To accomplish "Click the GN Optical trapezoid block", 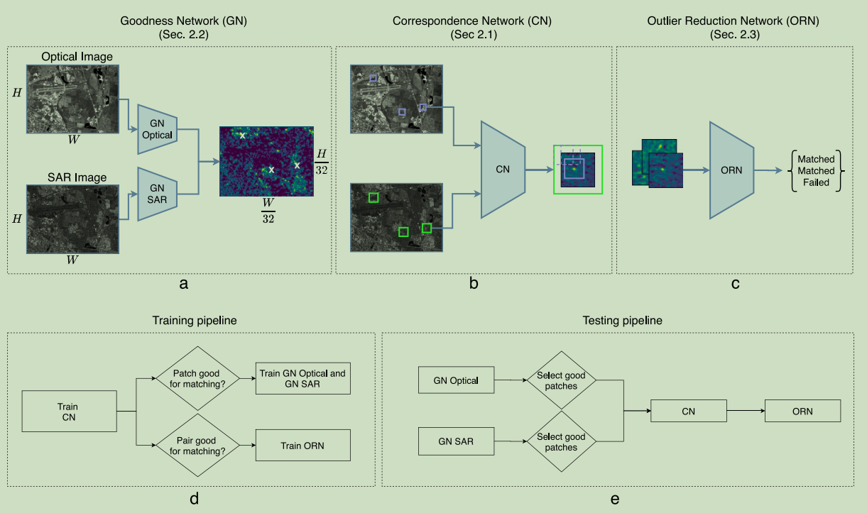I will coord(158,128).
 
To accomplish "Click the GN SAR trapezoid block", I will coord(158,194).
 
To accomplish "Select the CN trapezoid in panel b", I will coord(503,170).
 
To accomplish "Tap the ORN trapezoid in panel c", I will coord(731,170).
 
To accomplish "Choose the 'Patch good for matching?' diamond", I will coord(197,378).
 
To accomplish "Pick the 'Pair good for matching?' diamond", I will coord(197,445).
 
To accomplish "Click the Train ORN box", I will coord(303,445).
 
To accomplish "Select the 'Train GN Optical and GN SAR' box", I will coord(303,378).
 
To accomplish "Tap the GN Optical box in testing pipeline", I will coord(456,380).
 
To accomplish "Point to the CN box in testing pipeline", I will coord(689,411).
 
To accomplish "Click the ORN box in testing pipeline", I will coord(802,411).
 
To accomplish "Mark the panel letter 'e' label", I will coord(615,499).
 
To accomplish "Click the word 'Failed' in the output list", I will coord(815,182).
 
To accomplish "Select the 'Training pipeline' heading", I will coord(195,321).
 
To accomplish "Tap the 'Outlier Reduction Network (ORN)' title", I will coord(733,21).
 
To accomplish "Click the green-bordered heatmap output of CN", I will coord(577,170).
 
